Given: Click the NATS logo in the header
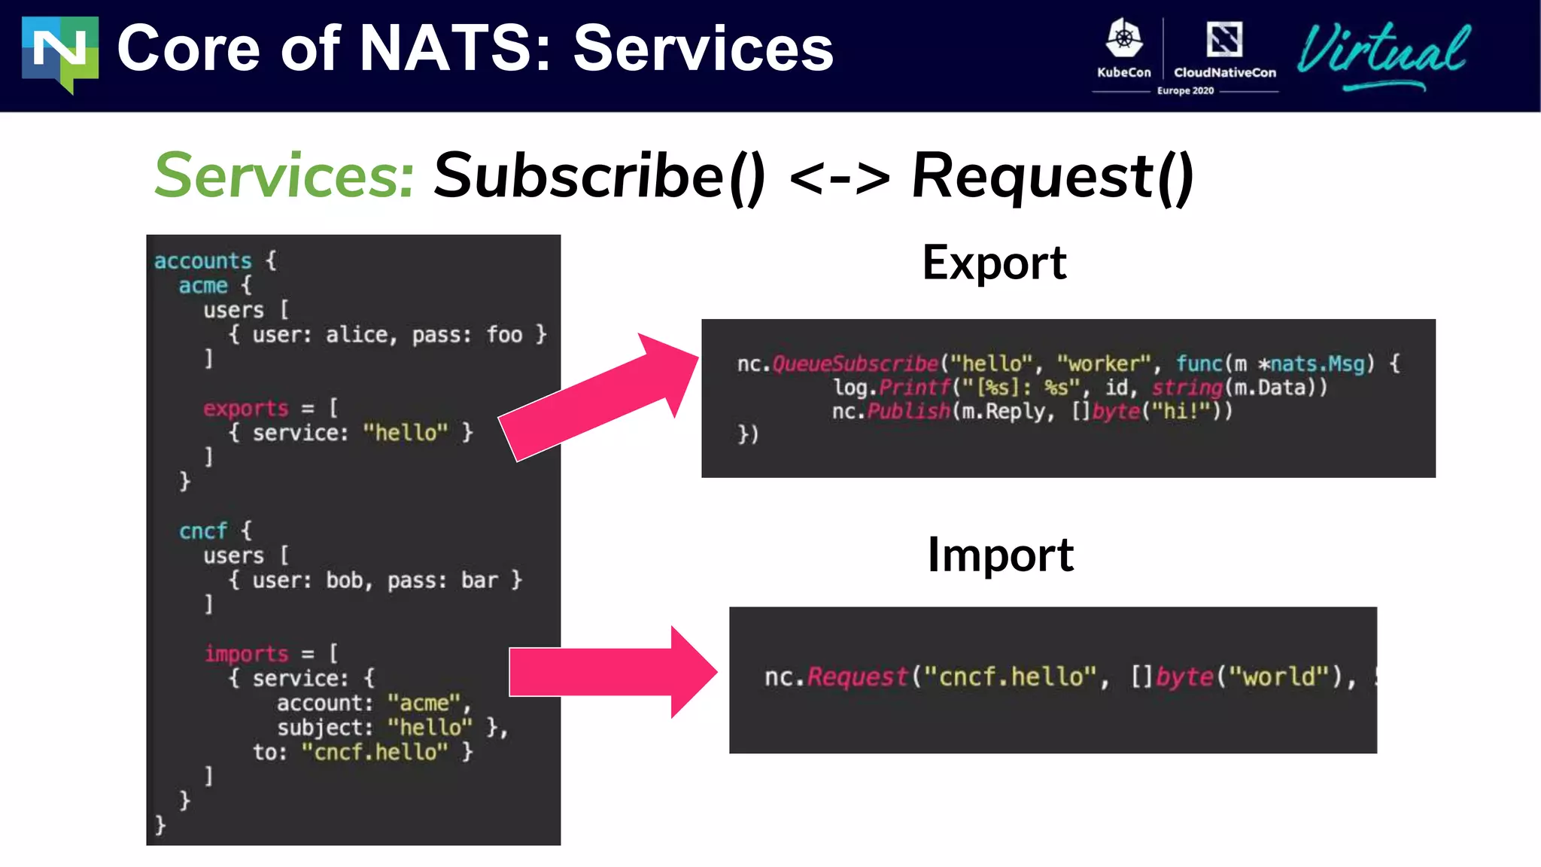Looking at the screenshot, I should coord(60,53).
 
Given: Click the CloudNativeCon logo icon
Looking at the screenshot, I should coord(1224,39).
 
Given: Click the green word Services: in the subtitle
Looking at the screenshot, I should coord(284,175).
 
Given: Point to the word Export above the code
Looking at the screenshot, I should coord(994,263).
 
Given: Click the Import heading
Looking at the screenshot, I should coord(1000,555).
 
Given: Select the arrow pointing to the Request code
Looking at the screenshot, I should coord(613,671).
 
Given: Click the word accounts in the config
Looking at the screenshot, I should coord(202,261).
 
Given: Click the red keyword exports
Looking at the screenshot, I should coord(245,409).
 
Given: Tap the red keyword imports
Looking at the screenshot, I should coord(246,654).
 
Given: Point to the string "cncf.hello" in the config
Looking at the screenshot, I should coord(375,752).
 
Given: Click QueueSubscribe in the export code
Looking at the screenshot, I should coord(856,364).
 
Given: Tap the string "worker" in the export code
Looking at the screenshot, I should coord(1104,364).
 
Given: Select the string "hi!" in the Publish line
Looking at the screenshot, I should coord(1185,412).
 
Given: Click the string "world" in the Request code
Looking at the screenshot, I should coord(1279,677).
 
